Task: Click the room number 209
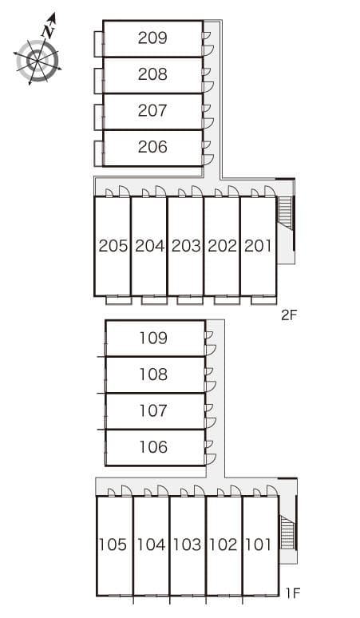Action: pos(152,38)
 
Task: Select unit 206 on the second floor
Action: pos(152,147)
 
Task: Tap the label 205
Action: pos(113,246)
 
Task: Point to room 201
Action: pos(259,246)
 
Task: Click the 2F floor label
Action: pos(289,315)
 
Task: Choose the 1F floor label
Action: pos(293,592)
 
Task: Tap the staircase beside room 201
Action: pos(285,213)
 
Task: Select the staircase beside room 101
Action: pos(287,533)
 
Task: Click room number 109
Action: pos(153,338)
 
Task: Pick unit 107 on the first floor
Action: pos(153,410)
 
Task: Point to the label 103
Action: pos(187,545)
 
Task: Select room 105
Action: pos(113,545)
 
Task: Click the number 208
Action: pos(152,74)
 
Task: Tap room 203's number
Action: pos(186,246)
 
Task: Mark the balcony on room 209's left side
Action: pos(98,44)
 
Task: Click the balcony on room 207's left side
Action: pos(98,117)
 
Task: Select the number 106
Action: pos(153,447)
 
